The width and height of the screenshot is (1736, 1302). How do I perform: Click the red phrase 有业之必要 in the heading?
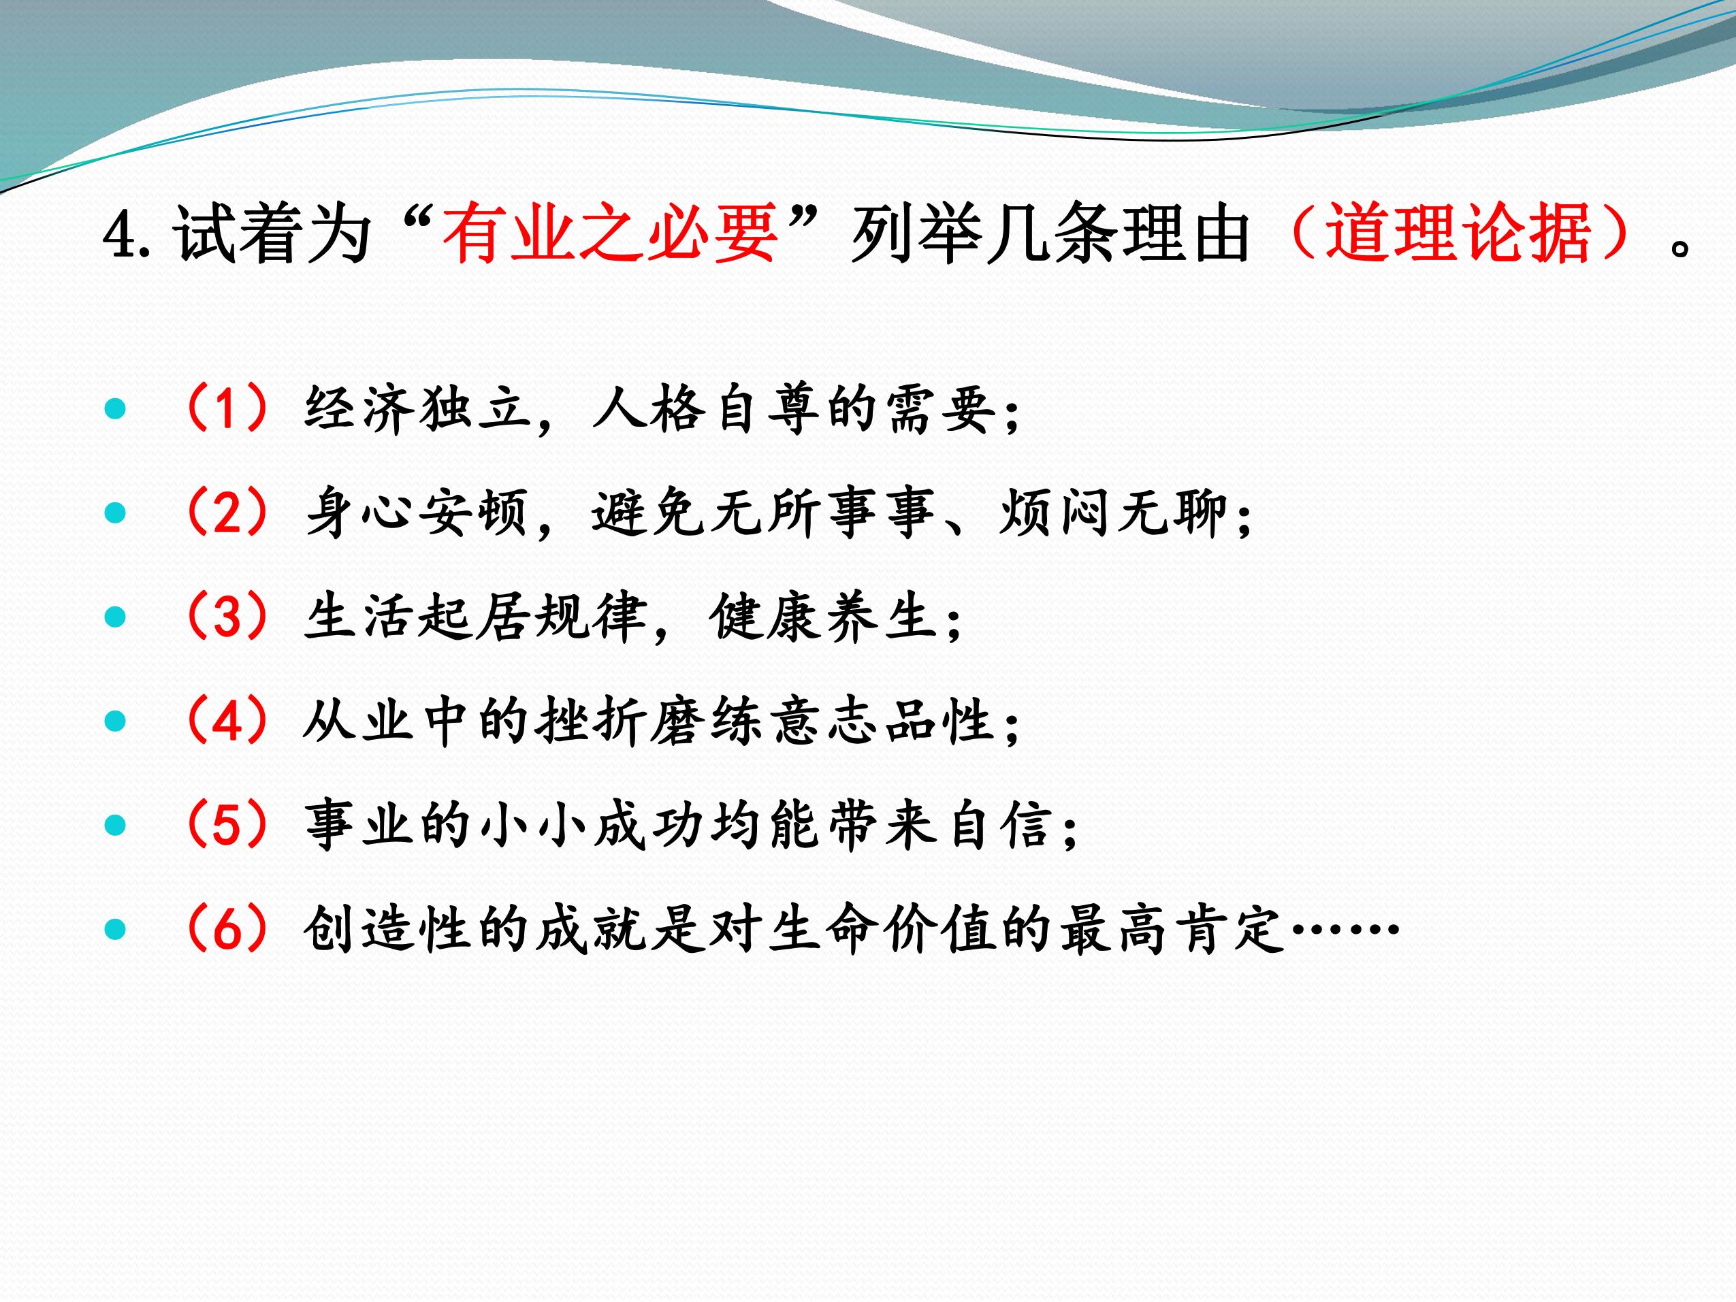(x=610, y=233)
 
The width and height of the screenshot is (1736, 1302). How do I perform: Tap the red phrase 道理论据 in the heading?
(x=1458, y=233)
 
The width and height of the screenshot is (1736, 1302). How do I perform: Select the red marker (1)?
(x=228, y=408)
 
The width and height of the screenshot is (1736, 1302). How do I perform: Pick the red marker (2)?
(x=228, y=512)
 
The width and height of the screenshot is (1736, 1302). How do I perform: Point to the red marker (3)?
(x=228, y=617)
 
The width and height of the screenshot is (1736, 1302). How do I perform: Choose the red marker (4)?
(x=228, y=721)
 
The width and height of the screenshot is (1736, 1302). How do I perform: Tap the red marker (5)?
(x=228, y=825)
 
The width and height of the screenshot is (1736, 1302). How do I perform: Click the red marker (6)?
(x=228, y=929)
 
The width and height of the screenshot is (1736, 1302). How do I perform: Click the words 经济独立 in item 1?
(x=417, y=409)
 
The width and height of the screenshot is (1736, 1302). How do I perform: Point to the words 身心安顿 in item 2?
(x=417, y=513)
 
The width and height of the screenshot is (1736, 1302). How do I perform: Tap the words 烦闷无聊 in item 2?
(x=1113, y=513)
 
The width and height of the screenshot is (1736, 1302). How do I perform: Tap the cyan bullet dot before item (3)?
(x=115, y=617)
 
